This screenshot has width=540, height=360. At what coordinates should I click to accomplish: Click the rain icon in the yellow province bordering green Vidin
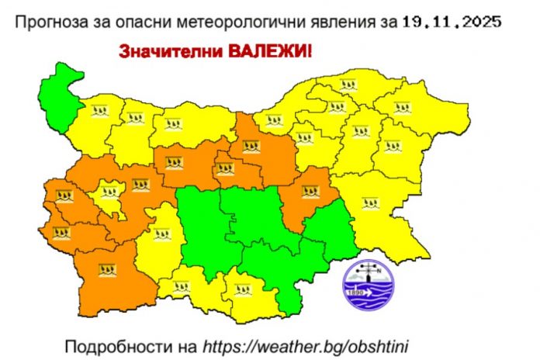(99, 111)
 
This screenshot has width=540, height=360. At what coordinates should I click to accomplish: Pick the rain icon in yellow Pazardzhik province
(162, 232)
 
